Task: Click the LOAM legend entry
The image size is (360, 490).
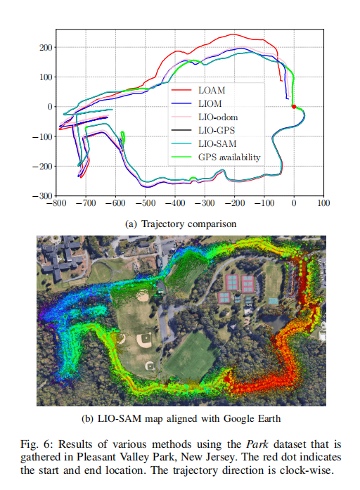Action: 217,90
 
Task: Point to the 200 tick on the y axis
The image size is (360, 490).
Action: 44,48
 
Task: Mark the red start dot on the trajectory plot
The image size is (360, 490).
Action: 293,107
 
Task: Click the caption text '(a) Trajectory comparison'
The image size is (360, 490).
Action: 179,224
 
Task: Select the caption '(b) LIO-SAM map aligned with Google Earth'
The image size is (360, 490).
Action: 181,420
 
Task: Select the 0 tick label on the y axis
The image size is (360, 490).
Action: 50,107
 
